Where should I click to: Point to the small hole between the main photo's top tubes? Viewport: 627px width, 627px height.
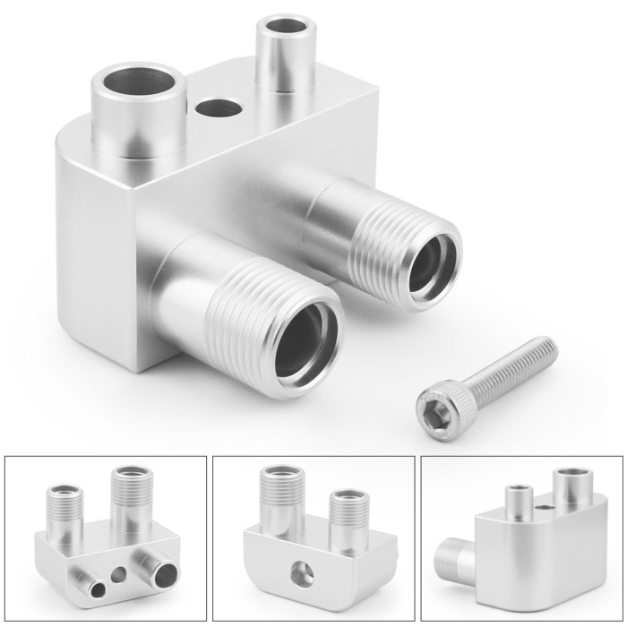(x=218, y=109)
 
